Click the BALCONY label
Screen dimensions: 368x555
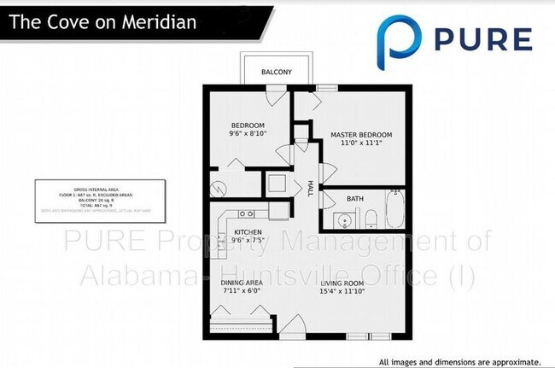[x=276, y=72]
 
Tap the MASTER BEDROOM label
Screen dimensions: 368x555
[x=362, y=135]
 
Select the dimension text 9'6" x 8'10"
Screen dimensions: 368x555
[x=248, y=133]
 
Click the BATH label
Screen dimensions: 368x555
[x=355, y=199]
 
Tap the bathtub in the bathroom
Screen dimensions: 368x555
[x=393, y=210]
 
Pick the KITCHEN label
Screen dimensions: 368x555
[x=248, y=232]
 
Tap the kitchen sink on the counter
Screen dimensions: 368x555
[x=246, y=213]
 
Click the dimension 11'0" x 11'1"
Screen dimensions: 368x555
[x=362, y=144]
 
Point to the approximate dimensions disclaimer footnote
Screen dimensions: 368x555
[x=459, y=361]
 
